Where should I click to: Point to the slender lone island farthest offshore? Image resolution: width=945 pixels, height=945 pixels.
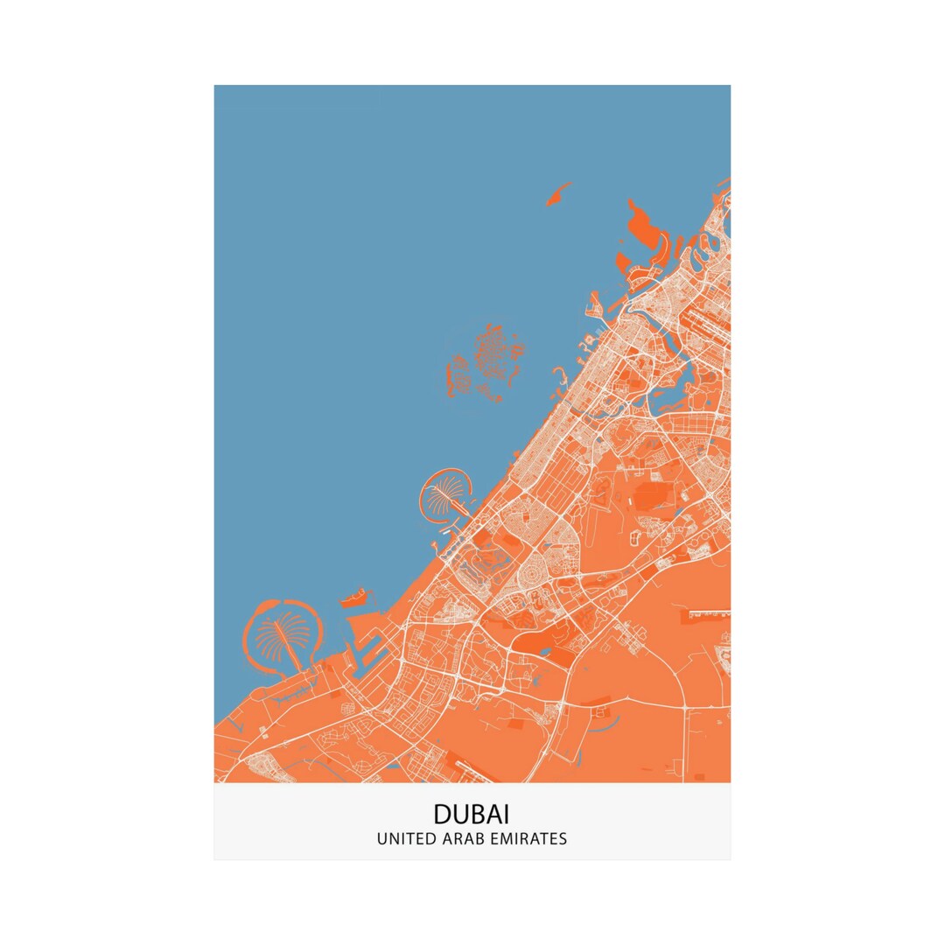557,194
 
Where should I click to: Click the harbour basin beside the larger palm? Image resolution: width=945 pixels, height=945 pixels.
367,643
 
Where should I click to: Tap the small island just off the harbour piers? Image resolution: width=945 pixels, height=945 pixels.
355,599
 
